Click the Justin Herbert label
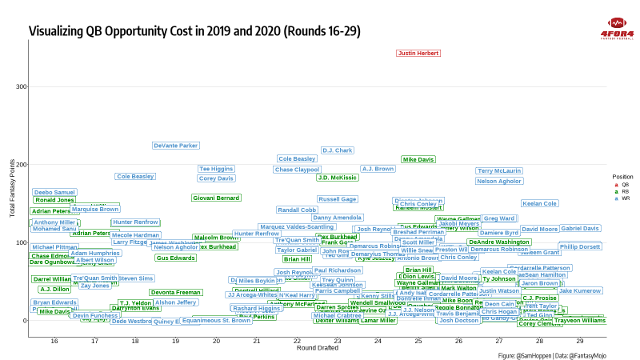click(418, 54)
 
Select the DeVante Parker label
click(176, 146)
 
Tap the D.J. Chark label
click(338, 150)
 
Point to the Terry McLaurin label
click(499, 171)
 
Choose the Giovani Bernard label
click(216, 198)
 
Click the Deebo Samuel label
click(54, 193)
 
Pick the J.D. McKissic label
click(338, 178)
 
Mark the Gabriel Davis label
click(580, 229)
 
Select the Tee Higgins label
click(217, 169)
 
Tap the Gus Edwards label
click(176, 258)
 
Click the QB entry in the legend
click(617, 185)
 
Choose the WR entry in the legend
click(617, 198)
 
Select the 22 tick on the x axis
click(297, 341)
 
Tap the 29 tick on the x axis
click(580, 341)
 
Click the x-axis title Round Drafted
click(317, 349)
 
